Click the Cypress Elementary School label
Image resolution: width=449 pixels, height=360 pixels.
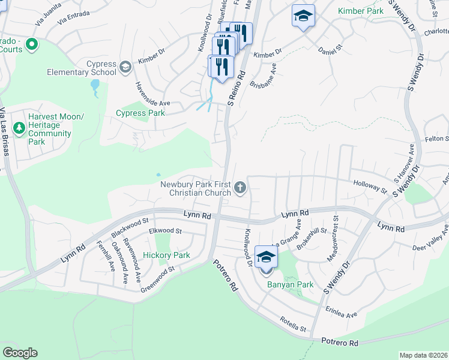pos(82,68)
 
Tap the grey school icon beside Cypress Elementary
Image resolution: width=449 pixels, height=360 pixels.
pos(125,65)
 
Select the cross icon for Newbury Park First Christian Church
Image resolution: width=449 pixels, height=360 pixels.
pos(240,188)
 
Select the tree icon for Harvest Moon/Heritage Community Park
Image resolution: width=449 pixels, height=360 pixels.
pos(19,128)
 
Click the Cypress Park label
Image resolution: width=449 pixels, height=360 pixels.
pos(139,113)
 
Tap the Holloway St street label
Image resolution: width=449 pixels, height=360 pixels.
pos(370,187)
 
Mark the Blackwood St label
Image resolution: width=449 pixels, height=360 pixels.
pos(130,226)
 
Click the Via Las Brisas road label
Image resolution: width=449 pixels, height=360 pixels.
pos(5,133)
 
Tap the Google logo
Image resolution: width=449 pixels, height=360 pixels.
pos(20,352)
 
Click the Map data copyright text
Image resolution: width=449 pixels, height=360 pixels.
pos(423,355)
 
